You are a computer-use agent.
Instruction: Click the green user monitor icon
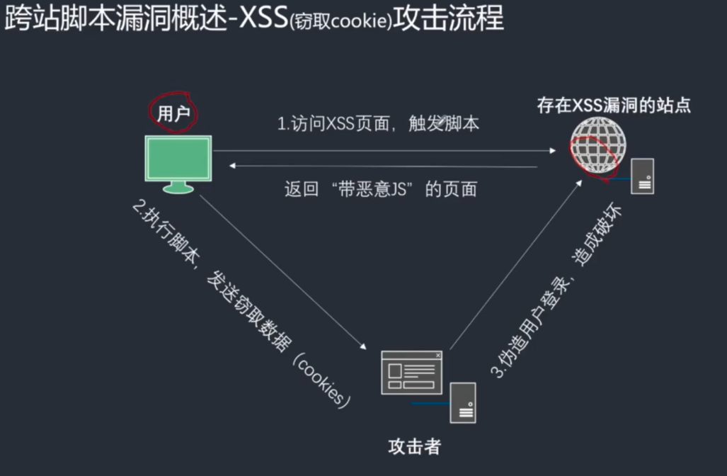pos(178,162)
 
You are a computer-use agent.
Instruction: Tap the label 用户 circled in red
pos(173,113)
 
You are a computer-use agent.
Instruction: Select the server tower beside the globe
pos(643,176)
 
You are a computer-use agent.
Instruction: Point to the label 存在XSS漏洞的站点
pos(613,106)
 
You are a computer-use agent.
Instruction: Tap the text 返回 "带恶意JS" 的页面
pos(380,189)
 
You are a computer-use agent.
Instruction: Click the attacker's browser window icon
pos(411,372)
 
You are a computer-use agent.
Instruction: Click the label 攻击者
pos(415,446)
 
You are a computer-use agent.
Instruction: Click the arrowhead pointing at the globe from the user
pos(552,150)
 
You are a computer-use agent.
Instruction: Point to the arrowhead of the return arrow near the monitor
pos(234,166)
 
